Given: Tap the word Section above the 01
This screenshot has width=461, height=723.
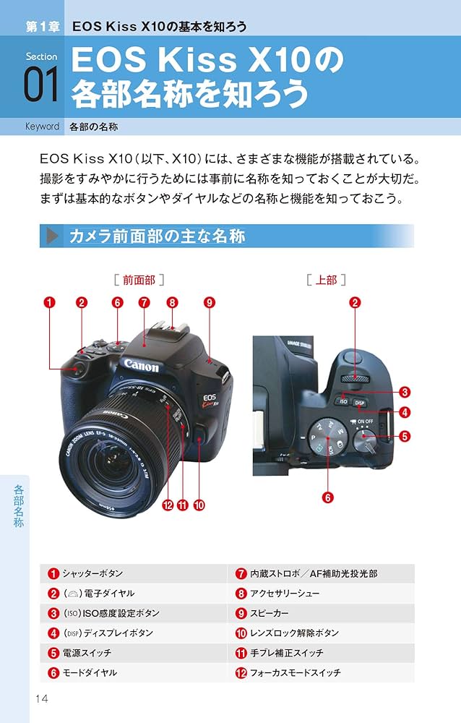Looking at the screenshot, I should pos(41,56).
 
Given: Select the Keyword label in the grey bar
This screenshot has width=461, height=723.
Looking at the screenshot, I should pos(42,127).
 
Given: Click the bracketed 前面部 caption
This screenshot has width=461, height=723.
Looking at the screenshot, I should pos(138,278).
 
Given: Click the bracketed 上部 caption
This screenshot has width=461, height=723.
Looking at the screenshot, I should pos(326,279).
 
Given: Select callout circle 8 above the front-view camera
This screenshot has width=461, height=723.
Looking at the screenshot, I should pos(172,303).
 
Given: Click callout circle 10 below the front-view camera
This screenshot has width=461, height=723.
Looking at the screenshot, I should pos(198,505).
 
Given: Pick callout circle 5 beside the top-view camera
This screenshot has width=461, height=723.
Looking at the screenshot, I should pos(405,436).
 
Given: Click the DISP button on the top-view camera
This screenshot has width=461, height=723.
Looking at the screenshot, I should pos(359,403).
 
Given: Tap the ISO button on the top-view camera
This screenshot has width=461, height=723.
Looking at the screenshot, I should pos(342,401).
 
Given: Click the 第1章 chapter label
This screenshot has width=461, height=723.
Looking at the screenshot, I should pos(40,27).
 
